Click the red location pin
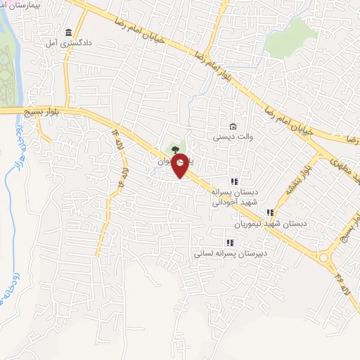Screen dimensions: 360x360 (x=181, y=165)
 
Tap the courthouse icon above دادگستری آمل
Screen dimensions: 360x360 (x=68, y=32)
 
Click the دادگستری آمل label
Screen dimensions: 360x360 (x=69, y=44)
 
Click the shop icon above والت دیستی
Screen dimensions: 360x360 (x=233, y=126)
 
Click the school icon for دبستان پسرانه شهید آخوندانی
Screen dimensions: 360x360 (x=235, y=181)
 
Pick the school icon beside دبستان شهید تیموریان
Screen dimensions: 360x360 (x=269, y=212)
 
